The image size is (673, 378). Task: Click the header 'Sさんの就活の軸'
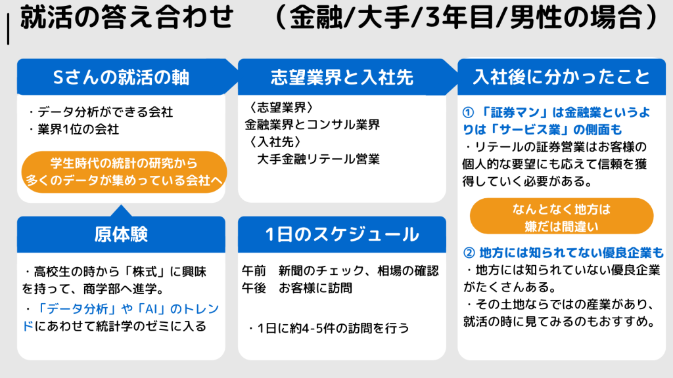click(121, 77)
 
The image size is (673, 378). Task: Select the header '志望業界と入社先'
click(342, 77)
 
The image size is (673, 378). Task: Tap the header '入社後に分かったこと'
click(561, 77)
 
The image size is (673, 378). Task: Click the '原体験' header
click(121, 234)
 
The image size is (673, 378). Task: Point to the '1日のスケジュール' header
click(342, 234)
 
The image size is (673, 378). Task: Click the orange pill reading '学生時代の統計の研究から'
click(124, 172)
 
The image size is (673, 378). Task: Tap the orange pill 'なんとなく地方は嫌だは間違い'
click(561, 217)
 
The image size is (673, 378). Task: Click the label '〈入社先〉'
click(275, 142)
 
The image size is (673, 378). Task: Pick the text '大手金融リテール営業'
click(318, 159)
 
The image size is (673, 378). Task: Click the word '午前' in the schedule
click(254, 271)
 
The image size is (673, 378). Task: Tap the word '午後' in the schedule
click(254, 288)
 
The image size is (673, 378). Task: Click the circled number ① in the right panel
click(468, 113)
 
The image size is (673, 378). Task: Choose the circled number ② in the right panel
click(469, 253)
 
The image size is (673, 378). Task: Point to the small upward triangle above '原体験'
click(121, 211)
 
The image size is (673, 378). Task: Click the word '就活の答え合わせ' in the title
click(127, 18)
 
